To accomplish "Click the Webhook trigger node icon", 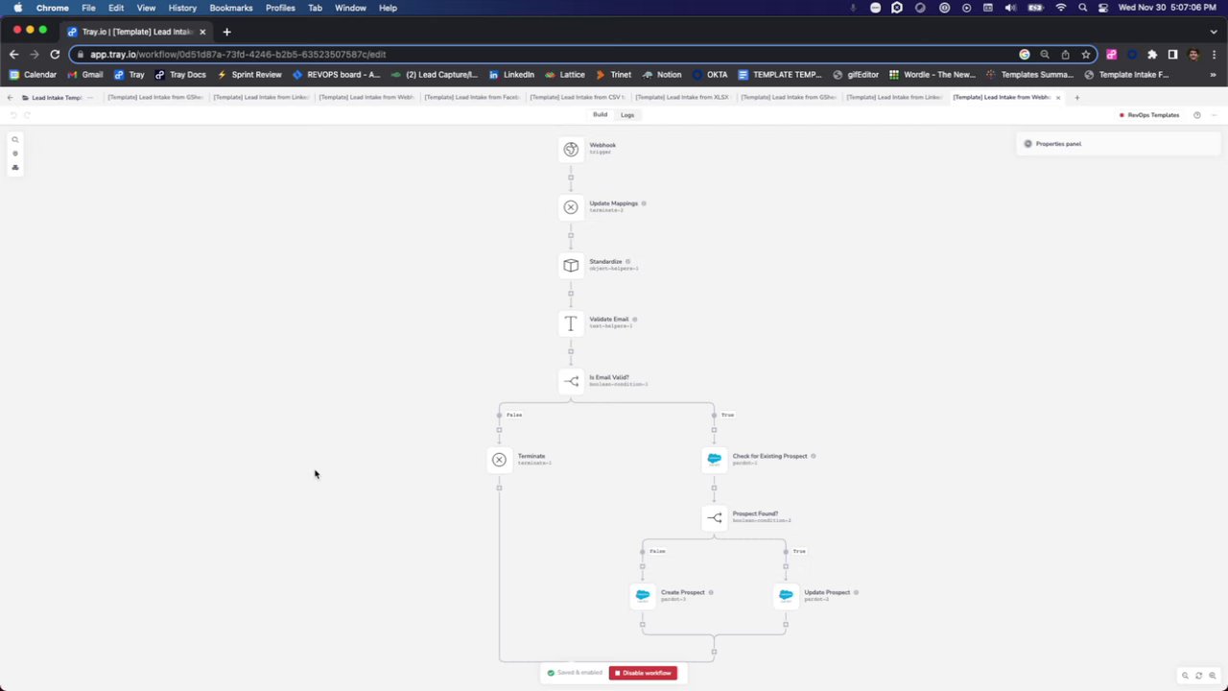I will tap(571, 149).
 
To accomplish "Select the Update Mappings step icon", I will tap(571, 207).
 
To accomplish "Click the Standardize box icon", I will tap(571, 265).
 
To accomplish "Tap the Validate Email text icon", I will tap(571, 323).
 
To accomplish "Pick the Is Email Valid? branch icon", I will tap(571, 381).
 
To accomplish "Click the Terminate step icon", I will tap(499, 460).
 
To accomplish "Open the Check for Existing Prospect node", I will tap(714, 460).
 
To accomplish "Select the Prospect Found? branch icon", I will tap(714, 518).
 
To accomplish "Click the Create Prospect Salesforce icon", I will tap(643, 596).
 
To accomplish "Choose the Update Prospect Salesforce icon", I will tap(786, 596).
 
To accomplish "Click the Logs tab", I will tap(627, 115).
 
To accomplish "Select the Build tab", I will tap(600, 115).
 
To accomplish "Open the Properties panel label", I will tap(1058, 144).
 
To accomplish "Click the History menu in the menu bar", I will tap(182, 8).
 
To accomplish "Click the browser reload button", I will tap(55, 55).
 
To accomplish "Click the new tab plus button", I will tap(226, 32).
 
